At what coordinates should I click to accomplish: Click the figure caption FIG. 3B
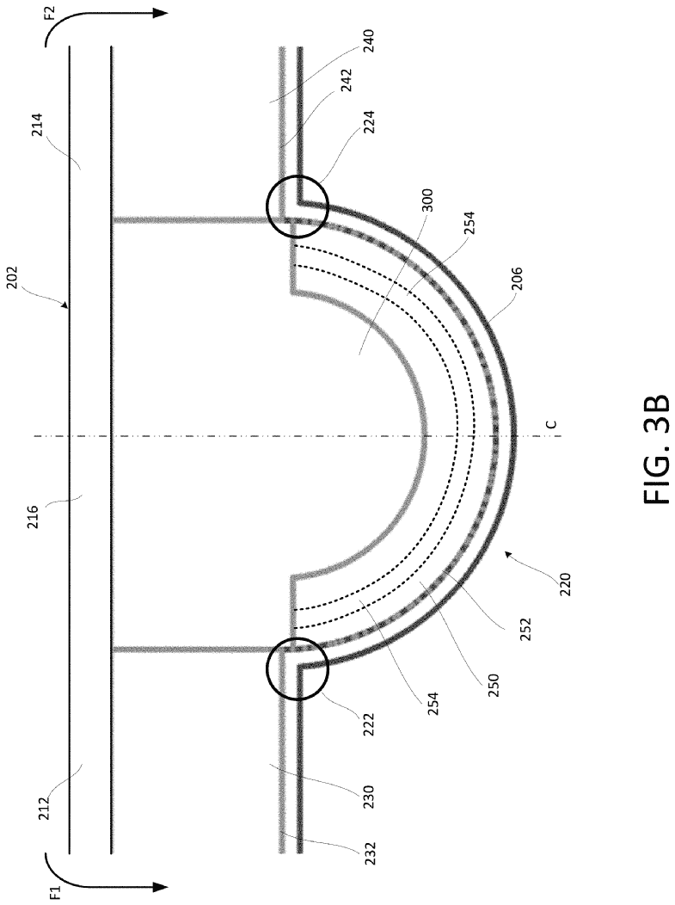click(x=654, y=451)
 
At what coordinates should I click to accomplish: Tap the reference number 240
click(x=369, y=41)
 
